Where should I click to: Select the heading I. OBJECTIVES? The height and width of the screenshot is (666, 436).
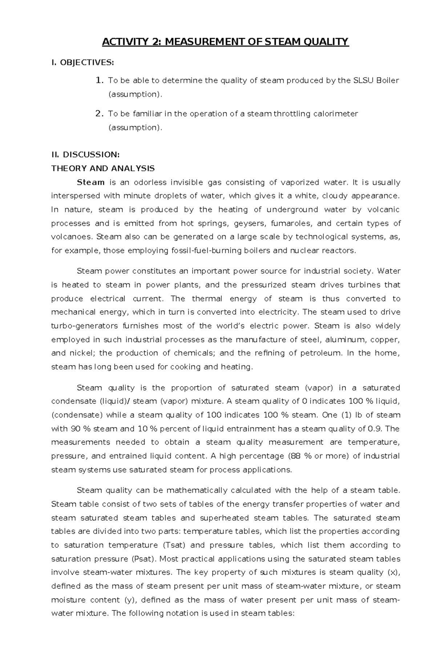pos(82,63)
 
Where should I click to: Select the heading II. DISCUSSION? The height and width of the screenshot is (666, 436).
pos(85,155)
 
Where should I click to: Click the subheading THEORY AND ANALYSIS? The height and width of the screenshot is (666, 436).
pos(103,168)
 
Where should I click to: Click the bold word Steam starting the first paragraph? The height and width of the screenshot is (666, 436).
pos(91,182)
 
